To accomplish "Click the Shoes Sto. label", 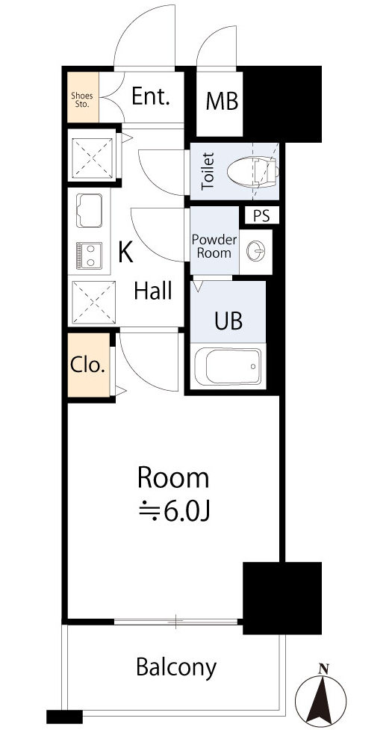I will [x=81, y=99].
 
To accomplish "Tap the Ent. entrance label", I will [x=151, y=96].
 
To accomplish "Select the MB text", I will [x=223, y=102].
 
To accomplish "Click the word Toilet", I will [x=208, y=170].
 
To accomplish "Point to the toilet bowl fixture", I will [x=255, y=170].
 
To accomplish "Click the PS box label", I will [x=261, y=216].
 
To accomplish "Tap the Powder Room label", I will [x=214, y=247].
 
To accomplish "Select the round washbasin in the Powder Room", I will [x=256, y=251].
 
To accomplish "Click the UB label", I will [x=228, y=321].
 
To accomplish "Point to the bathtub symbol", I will [x=228, y=367].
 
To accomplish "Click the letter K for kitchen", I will [x=125, y=253].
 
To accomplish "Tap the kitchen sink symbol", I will [x=90, y=211].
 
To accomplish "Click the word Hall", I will [x=153, y=291].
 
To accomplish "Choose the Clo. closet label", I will [x=88, y=366].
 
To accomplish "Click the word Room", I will [x=172, y=477].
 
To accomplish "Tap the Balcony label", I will [x=176, y=666].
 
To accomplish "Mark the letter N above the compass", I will [x=323, y=668].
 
